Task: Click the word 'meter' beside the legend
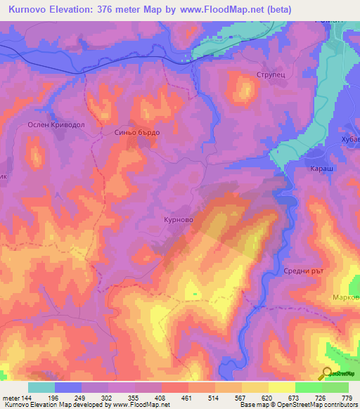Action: point(12,398)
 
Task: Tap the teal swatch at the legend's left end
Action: point(41,387)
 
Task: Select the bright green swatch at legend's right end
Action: point(335,387)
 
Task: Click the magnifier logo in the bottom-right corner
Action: point(326,373)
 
